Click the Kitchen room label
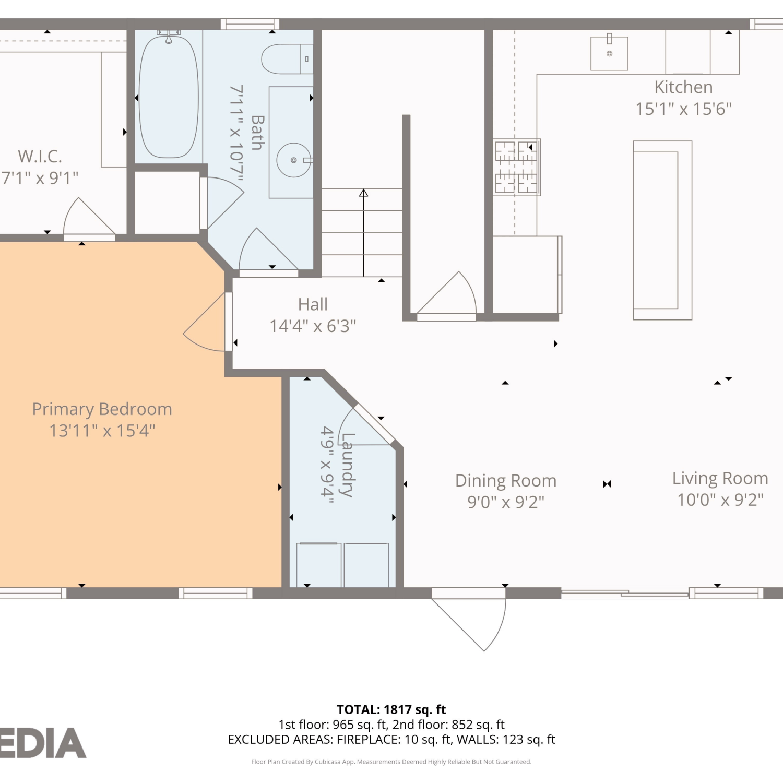[x=683, y=87]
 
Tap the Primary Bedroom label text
[x=102, y=409]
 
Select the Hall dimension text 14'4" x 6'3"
[x=313, y=326]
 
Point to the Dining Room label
[x=506, y=480]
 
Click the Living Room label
[x=720, y=478]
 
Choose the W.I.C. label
[x=40, y=156]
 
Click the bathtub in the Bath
[x=169, y=97]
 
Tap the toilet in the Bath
[x=287, y=59]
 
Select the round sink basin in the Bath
[x=294, y=160]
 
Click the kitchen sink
[x=609, y=53]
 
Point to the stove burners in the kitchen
[x=516, y=167]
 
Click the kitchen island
[x=662, y=230]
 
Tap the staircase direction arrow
[x=364, y=233]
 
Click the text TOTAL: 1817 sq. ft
[x=391, y=710]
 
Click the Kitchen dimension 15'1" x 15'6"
[x=683, y=109]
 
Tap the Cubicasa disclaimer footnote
[x=391, y=762]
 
